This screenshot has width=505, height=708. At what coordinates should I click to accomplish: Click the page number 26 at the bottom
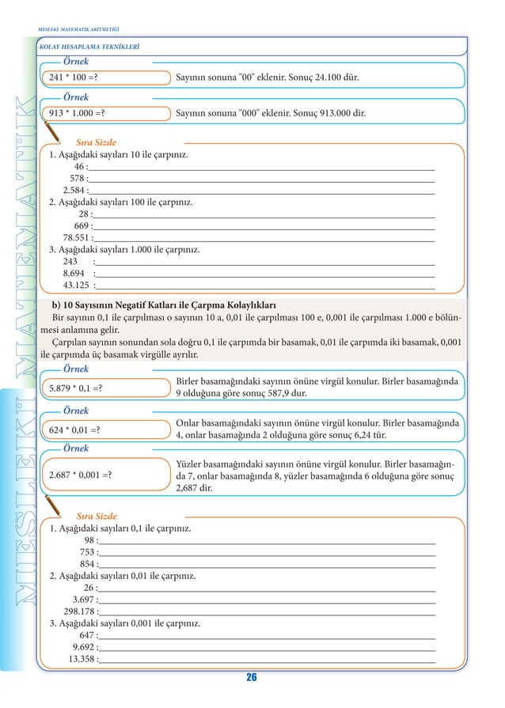252,677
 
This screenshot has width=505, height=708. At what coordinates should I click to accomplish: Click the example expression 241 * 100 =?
79,78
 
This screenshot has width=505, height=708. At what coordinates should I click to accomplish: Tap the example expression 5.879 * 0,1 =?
75,388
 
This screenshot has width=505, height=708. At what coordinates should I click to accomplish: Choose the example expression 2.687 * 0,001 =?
80,475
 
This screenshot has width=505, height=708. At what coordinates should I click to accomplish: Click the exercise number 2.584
74,191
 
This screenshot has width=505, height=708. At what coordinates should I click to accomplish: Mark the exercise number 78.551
76,237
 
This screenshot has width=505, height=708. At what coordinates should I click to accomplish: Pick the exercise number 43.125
76,285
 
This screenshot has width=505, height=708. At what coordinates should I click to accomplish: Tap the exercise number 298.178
79,611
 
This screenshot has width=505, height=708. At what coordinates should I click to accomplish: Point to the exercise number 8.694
74,273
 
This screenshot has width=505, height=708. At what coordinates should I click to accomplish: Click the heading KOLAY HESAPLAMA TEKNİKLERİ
89,47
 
